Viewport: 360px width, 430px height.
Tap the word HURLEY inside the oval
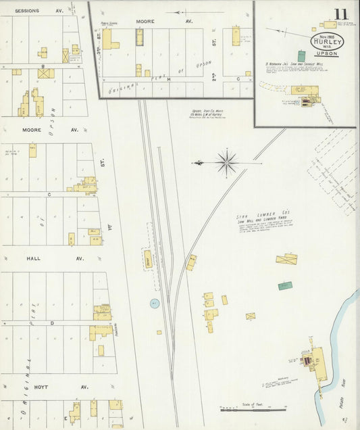point(328,41)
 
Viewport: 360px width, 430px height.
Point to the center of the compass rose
point(227,162)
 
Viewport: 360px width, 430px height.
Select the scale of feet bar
point(253,410)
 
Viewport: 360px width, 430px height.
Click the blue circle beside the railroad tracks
point(155,304)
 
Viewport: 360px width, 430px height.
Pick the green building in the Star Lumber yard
point(285,286)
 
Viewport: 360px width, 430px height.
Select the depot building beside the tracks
point(147,258)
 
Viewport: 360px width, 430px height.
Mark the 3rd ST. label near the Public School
point(99,50)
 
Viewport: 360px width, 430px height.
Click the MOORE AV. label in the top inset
point(145,21)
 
